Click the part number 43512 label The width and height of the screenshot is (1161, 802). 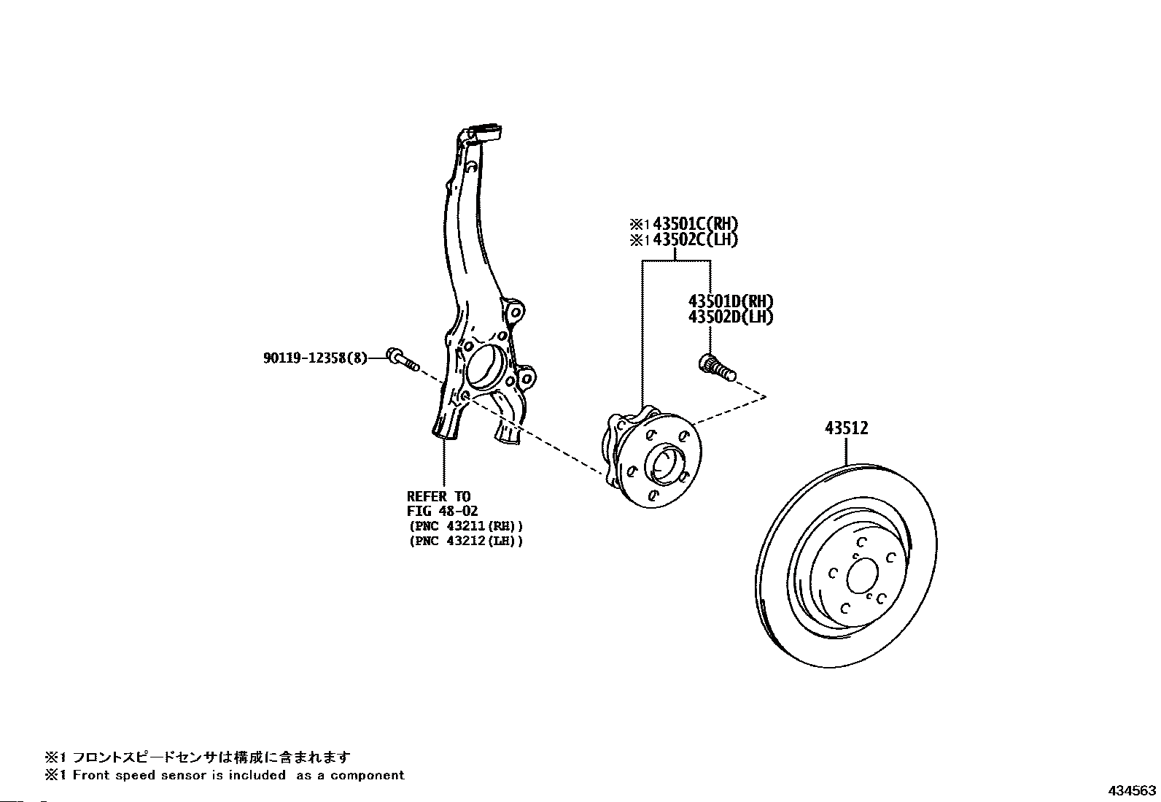[x=846, y=428]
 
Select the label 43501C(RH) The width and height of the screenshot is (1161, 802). [x=695, y=224]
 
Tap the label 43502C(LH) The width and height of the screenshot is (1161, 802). [x=695, y=239]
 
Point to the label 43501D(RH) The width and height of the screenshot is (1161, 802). [x=730, y=301]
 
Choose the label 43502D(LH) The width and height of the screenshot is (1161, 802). [x=730, y=317]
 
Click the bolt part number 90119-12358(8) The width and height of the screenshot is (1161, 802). [x=315, y=358]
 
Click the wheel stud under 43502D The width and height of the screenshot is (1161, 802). [x=718, y=368]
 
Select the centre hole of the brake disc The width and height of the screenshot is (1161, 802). [x=862, y=575]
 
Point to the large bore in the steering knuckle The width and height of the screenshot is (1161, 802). [x=486, y=366]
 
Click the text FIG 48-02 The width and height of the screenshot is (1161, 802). [x=442, y=511]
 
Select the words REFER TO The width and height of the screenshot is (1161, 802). [x=438, y=496]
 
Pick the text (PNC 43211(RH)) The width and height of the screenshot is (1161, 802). [x=466, y=526]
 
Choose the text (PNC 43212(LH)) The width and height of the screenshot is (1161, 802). [x=466, y=541]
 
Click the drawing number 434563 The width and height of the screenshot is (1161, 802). [x=1132, y=790]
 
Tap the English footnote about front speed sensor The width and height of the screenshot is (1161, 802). [x=225, y=775]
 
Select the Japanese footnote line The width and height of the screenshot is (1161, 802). [x=198, y=757]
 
